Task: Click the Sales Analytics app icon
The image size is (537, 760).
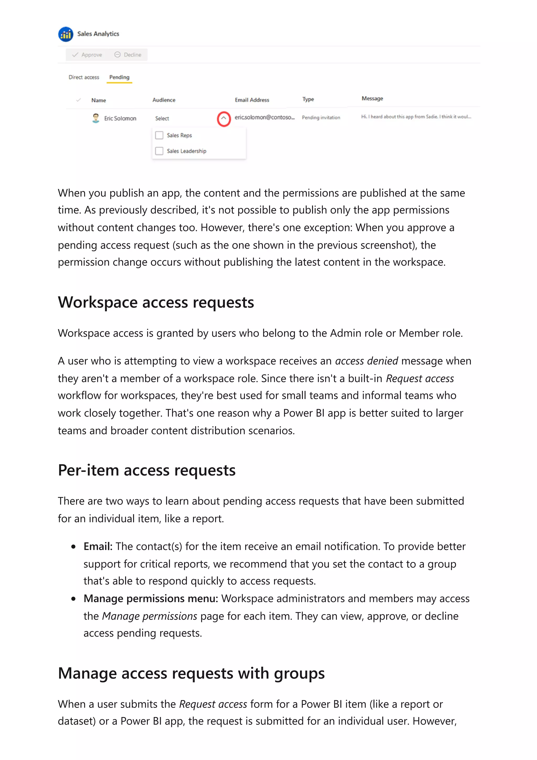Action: pos(66,34)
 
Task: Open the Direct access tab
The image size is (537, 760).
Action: pos(84,77)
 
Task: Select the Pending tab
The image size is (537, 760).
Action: pos(119,77)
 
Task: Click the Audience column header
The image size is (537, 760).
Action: pos(164,100)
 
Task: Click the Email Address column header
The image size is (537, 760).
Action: pos(252,100)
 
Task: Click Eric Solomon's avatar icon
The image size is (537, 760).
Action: pos(96,118)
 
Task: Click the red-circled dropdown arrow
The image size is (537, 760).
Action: pos(224,119)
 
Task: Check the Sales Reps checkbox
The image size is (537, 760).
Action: pos(159,135)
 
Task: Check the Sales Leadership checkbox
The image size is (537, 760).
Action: pos(159,151)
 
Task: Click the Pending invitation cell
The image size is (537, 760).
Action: pos(321,117)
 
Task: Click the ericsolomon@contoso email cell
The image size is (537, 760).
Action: pos(264,117)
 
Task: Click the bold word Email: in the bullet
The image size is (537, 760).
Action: pos(98,547)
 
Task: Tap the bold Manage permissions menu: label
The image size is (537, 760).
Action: pos(151,599)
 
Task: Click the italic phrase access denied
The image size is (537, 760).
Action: pos(366,361)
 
